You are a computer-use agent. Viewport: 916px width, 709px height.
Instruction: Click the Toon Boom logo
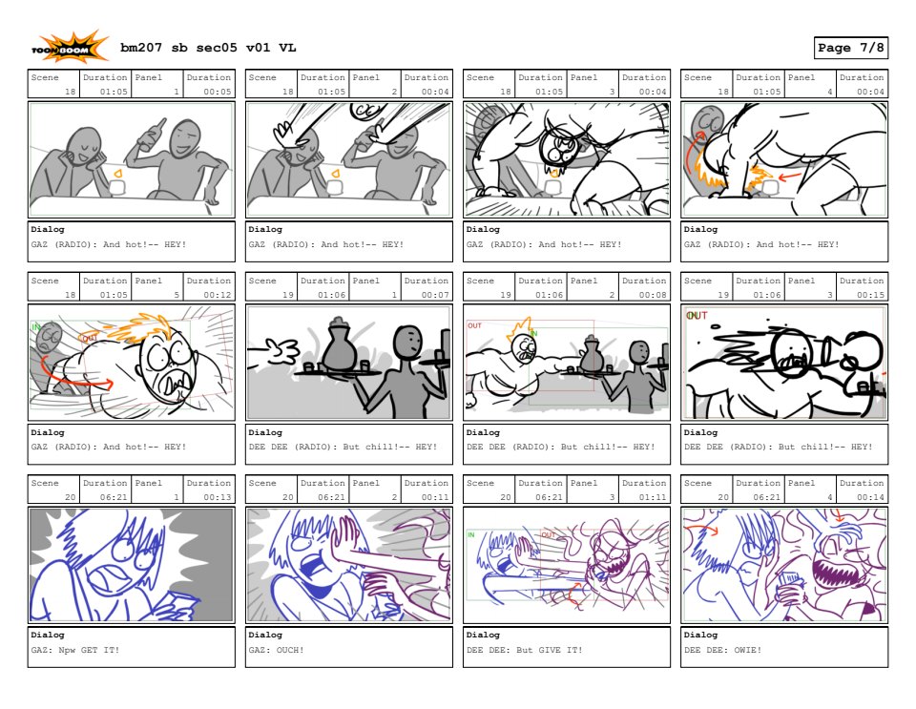(70, 48)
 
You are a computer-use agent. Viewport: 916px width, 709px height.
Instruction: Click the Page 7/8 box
(850, 48)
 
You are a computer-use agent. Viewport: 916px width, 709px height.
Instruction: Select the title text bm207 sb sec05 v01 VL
(208, 48)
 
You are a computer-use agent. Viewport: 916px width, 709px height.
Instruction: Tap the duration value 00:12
(218, 295)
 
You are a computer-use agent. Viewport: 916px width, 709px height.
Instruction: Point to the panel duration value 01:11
(653, 497)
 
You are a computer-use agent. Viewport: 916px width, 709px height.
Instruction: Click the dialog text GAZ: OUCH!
(277, 650)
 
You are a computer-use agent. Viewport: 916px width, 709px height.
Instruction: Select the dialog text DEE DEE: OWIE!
(722, 650)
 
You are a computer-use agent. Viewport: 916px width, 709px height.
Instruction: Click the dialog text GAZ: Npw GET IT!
(75, 650)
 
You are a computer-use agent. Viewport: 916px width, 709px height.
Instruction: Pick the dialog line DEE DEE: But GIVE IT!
(525, 650)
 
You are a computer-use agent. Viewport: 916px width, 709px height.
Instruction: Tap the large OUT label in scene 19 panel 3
(697, 316)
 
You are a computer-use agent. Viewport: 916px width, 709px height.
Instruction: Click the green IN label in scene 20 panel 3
(471, 534)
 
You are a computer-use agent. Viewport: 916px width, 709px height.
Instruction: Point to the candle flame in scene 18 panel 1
(118, 174)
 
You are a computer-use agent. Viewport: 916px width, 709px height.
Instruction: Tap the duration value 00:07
(435, 295)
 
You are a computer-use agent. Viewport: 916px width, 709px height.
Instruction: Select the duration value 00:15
(870, 295)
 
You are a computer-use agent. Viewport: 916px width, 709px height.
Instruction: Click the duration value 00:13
(218, 497)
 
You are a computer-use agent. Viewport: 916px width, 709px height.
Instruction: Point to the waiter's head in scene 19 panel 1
(407, 341)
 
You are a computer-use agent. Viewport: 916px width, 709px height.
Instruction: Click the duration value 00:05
(218, 92)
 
